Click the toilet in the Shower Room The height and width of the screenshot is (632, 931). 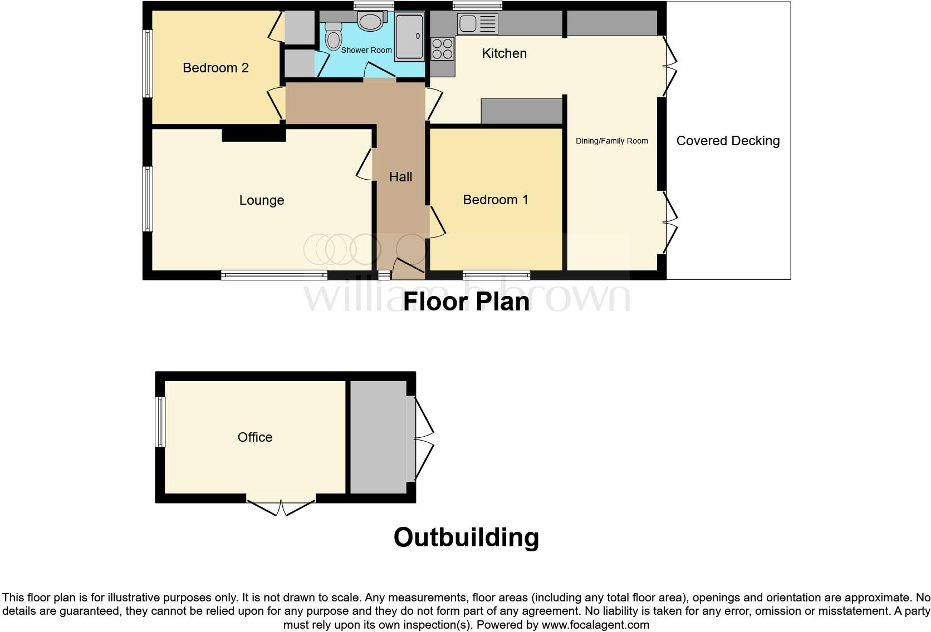[x=333, y=37]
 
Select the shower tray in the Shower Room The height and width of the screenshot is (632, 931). [x=409, y=36]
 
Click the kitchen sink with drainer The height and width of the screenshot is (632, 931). [x=477, y=24]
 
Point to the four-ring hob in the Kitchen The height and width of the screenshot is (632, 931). [x=443, y=48]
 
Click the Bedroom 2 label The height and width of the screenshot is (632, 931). [x=215, y=68]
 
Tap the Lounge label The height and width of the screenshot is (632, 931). [x=261, y=200]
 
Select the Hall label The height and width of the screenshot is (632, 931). [x=400, y=177]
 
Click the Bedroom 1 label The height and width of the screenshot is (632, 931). [x=495, y=200]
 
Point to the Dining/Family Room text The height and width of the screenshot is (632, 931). [x=611, y=141]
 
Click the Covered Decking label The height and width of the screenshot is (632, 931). [x=727, y=141]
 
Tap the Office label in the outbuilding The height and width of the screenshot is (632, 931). [x=255, y=437]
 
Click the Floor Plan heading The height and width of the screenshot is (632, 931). [x=465, y=301]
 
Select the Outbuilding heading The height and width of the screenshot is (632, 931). [x=465, y=537]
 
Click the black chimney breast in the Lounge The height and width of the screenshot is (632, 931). [x=253, y=134]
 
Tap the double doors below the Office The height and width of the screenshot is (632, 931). [x=281, y=507]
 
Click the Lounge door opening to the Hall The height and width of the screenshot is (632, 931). [x=365, y=164]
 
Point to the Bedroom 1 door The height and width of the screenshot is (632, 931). [x=437, y=221]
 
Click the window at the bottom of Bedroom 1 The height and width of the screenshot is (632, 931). [x=496, y=275]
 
